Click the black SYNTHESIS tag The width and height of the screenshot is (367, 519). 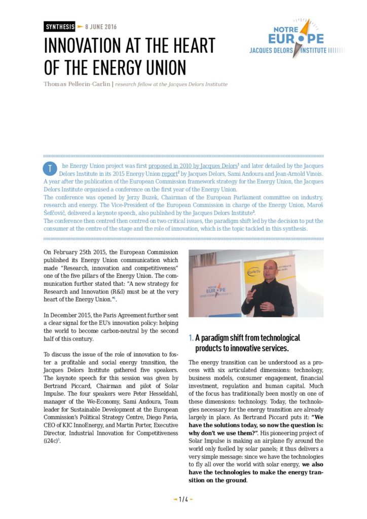click(59, 26)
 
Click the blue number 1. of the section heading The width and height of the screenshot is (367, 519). click(191, 338)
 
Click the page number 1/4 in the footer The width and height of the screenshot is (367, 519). click(183, 499)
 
